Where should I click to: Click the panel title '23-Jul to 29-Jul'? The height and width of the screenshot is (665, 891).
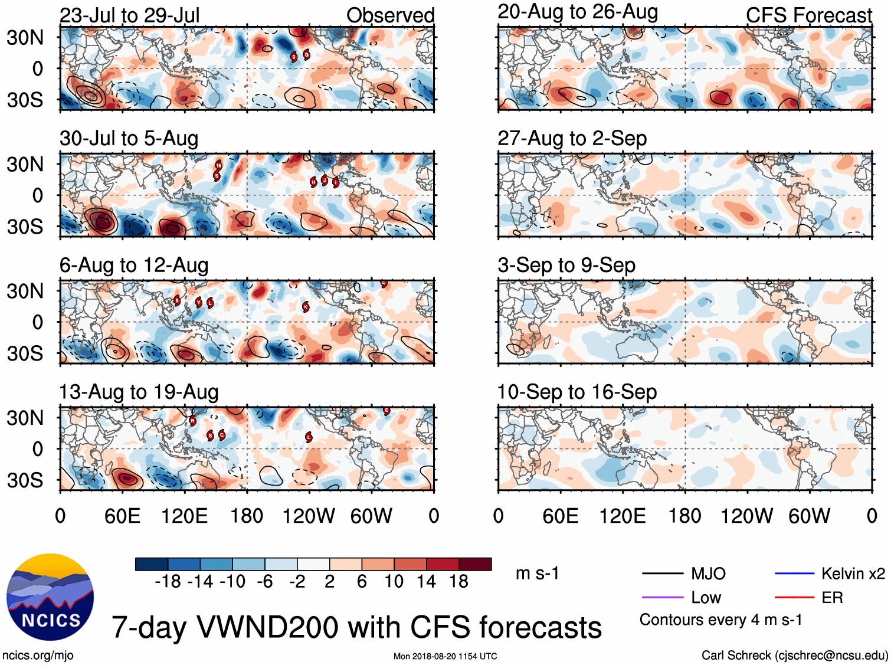tap(129, 15)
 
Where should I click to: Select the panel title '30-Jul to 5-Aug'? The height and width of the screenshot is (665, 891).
tap(129, 139)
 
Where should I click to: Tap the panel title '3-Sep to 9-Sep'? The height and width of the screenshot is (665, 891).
tap(566, 266)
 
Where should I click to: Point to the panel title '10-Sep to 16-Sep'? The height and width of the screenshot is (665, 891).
tap(577, 392)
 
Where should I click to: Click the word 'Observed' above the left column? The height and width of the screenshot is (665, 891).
tap(390, 15)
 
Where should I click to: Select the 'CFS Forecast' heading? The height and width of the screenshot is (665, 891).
tap(808, 15)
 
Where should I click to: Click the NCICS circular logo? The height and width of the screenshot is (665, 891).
tap(50, 597)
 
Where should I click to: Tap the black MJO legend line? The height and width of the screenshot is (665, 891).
tap(662, 574)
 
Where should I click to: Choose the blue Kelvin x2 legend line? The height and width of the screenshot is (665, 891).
tap(794, 574)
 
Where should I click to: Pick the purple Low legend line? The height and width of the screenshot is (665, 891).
tap(662, 598)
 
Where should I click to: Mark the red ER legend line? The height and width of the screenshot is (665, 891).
tap(794, 598)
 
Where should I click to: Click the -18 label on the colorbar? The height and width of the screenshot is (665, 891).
tap(168, 582)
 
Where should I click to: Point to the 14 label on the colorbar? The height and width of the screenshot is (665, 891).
tap(426, 582)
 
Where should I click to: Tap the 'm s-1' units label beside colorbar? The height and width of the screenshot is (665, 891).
tap(537, 574)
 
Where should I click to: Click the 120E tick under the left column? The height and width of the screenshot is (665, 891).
tap(185, 516)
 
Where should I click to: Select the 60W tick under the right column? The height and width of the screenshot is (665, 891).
tap(809, 516)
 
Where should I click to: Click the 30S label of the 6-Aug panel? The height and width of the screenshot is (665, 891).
tap(25, 353)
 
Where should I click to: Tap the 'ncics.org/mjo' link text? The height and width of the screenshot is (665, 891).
tap(38, 655)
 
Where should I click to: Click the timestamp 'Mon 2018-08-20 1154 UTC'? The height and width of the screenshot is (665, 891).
tap(445, 656)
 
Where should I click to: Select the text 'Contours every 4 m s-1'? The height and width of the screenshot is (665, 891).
tap(720, 620)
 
